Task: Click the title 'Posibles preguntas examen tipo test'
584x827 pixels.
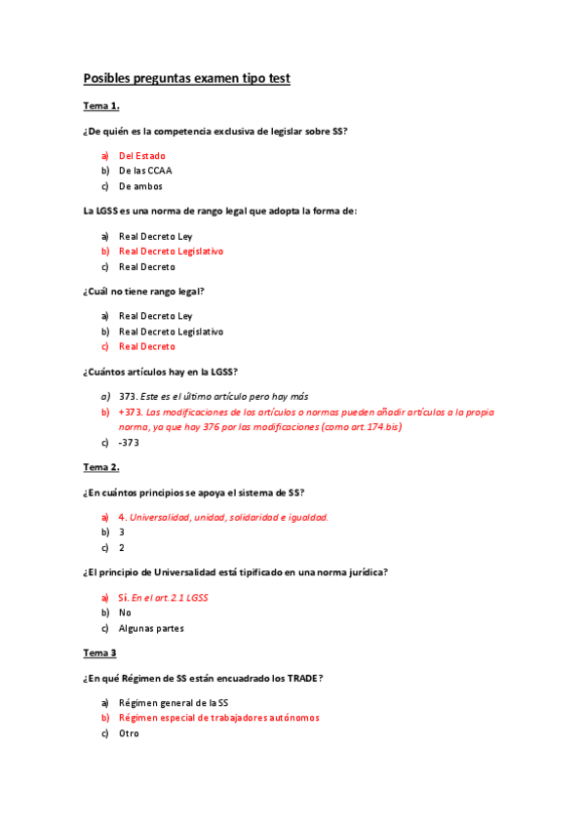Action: [186, 78]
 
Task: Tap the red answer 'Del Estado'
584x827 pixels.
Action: [141, 155]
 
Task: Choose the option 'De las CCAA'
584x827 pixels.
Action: [145, 171]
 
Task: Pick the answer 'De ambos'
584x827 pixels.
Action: [140, 186]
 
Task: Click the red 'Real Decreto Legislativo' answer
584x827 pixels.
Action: [171, 251]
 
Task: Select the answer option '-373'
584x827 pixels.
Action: [130, 443]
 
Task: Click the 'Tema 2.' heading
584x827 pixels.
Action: [101, 467]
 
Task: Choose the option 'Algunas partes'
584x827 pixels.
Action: [151, 628]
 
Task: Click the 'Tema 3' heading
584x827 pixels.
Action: [99, 652]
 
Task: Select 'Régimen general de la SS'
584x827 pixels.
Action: [174, 702]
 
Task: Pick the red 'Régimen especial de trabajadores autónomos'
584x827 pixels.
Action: [218, 718]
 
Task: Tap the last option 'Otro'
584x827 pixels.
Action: [129, 733]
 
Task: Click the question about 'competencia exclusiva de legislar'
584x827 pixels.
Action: [215, 131]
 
